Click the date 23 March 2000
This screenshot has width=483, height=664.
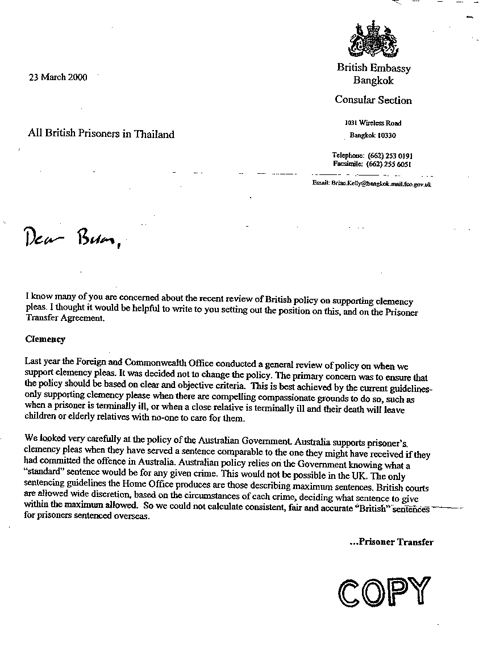58,78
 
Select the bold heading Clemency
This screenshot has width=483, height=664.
45,339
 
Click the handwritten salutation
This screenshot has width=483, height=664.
72,239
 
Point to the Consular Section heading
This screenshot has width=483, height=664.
373,101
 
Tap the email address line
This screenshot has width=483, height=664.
371,185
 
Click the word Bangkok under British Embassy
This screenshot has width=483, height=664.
373,81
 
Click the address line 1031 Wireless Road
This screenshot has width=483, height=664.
373,123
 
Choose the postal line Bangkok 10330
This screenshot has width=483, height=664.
373,136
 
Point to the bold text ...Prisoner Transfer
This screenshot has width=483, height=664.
391,542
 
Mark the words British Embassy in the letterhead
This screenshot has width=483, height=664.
373,68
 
